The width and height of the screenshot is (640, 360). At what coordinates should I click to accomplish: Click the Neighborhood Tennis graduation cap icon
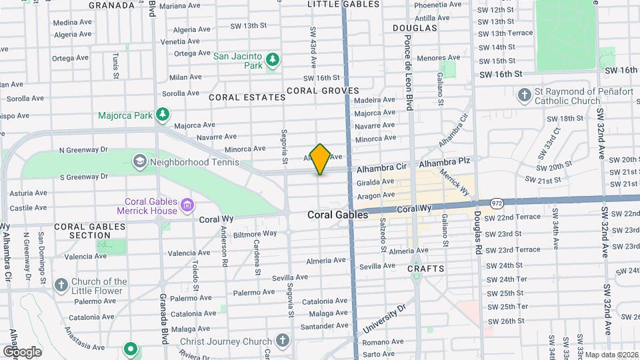click(140, 161)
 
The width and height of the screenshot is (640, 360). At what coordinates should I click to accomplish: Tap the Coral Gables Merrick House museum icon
click(188, 203)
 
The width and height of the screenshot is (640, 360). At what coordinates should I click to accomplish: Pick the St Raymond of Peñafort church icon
click(524, 95)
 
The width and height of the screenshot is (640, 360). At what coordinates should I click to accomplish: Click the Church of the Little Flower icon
click(61, 286)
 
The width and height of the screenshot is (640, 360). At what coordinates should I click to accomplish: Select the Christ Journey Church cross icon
click(282, 341)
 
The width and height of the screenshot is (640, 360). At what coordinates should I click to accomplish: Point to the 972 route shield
click(495, 201)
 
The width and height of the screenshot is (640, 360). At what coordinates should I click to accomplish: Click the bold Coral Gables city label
click(338, 215)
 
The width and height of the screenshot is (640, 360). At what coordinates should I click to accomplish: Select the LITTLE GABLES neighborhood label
click(334, 4)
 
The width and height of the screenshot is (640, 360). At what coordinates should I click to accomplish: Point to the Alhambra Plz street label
click(445, 162)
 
